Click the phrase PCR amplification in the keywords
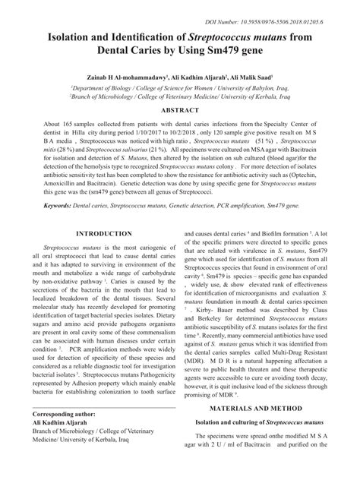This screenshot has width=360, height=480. pos(238,206)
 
